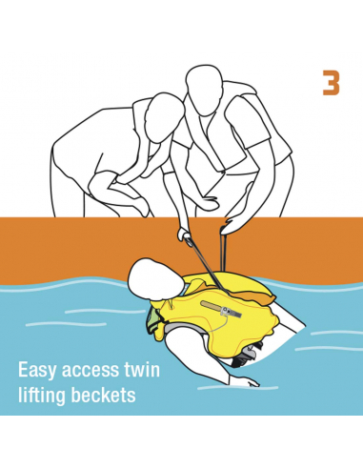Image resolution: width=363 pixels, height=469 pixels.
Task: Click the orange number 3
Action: click(331, 83)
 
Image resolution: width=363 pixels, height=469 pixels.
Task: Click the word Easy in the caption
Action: click(38, 371)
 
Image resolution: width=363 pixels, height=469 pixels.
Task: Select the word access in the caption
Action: click(90, 371)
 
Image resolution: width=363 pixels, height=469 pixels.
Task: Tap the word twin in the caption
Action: click(140, 370)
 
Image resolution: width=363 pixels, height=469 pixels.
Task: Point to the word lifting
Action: click(42, 396)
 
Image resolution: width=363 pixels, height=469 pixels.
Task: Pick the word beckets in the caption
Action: click(103, 395)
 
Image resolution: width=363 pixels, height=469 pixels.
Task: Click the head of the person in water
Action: click(152, 279)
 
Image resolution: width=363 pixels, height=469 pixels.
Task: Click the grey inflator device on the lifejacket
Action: click(230, 312)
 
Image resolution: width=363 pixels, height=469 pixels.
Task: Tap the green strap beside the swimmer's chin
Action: click(153, 321)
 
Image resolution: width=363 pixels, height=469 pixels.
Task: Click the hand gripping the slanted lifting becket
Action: click(185, 235)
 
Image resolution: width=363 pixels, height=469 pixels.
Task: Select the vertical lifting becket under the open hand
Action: click(222, 251)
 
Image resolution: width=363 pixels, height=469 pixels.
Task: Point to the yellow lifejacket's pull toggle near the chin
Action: click(171, 306)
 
